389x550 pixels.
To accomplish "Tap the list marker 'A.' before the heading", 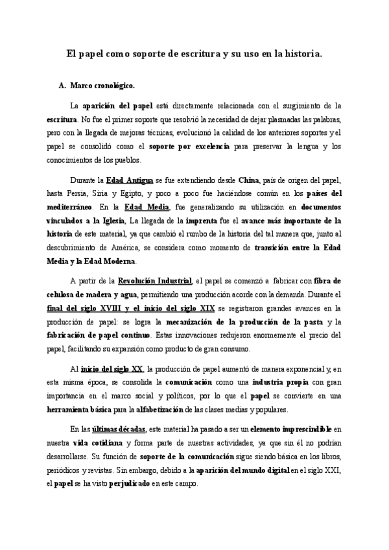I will tap(62, 85).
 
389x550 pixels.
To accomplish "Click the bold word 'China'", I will tap(249, 180).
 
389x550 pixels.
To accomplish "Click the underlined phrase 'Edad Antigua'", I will tap(130, 180).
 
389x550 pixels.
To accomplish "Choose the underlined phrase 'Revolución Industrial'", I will tap(154, 281).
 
